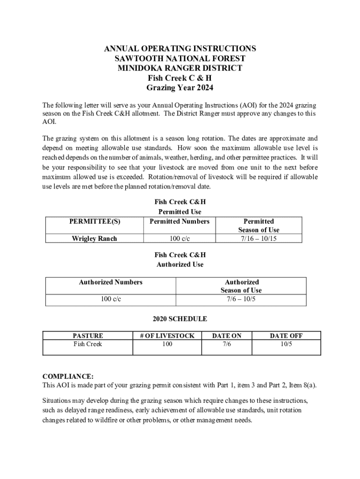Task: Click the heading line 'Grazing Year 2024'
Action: pos(180,87)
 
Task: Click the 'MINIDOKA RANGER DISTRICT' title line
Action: pos(180,68)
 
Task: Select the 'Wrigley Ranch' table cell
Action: pos(94,239)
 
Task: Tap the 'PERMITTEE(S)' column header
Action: pos(94,221)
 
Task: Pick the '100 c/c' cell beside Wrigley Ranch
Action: pos(180,239)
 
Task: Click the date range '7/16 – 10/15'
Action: pos(259,239)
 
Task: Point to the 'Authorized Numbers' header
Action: pos(111,282)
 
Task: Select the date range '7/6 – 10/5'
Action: pos(242,299)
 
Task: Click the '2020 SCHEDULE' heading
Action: pos(180,319)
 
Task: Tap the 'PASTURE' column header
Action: pos(88,335)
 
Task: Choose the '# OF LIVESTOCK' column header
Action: pos(167,335)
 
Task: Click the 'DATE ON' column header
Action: pos(227,335)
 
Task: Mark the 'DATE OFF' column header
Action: pos(286,335)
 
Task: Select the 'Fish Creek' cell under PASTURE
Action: pos(88,344)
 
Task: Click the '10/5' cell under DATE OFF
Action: pos(286,344)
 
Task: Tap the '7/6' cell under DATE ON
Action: pos(227,344)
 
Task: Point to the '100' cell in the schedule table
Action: pos(167,344)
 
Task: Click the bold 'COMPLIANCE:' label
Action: pos(68,377)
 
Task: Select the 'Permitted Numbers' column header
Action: pos(180,221)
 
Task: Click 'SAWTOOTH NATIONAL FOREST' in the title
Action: pos(180,58)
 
